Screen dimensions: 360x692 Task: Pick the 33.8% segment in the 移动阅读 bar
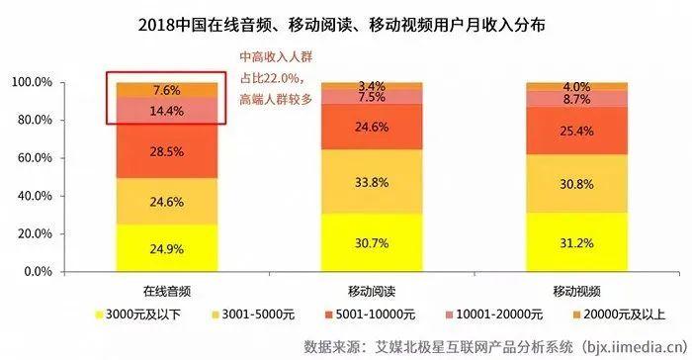tap(365, 181)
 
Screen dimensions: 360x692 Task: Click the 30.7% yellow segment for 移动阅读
tap(365, 242)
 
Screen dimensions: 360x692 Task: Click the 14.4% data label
tap(167, 111)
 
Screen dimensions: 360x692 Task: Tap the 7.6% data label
tap(167, 90)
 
